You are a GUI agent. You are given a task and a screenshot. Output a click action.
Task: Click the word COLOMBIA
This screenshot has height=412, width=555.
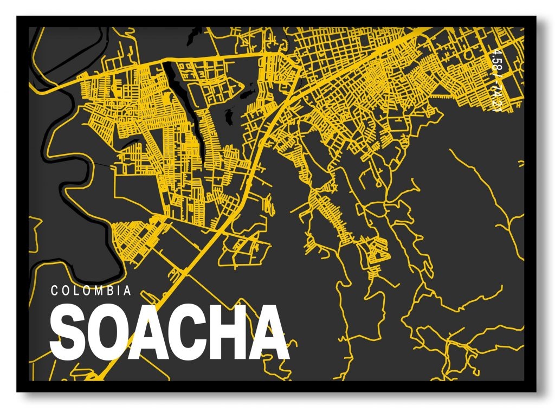tap(91, 291)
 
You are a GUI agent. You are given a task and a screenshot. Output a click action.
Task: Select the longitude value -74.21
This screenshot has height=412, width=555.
tap(494, 98)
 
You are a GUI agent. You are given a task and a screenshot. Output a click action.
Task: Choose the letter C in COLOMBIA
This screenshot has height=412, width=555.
tap(54, 291)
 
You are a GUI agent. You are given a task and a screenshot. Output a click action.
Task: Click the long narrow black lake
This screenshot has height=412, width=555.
tap(175, 87)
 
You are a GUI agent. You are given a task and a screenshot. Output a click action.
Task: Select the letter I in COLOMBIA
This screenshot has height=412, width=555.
tap(118, 291)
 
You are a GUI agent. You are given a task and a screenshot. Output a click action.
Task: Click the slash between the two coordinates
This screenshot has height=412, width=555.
tap(494, 80)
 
